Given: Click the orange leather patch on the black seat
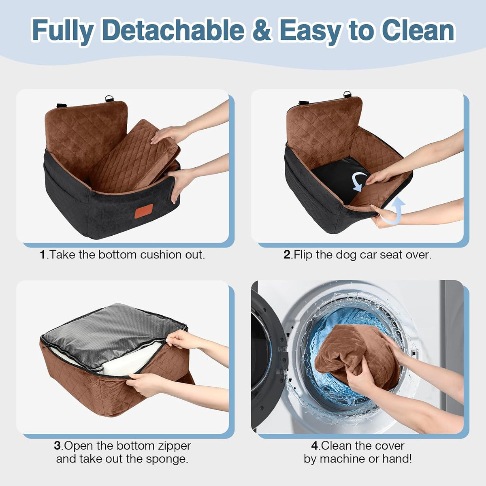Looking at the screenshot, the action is [x=144, y=211].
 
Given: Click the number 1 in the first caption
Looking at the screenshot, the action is [x=43, y=255].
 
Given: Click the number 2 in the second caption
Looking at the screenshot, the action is [x=287, y=255].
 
